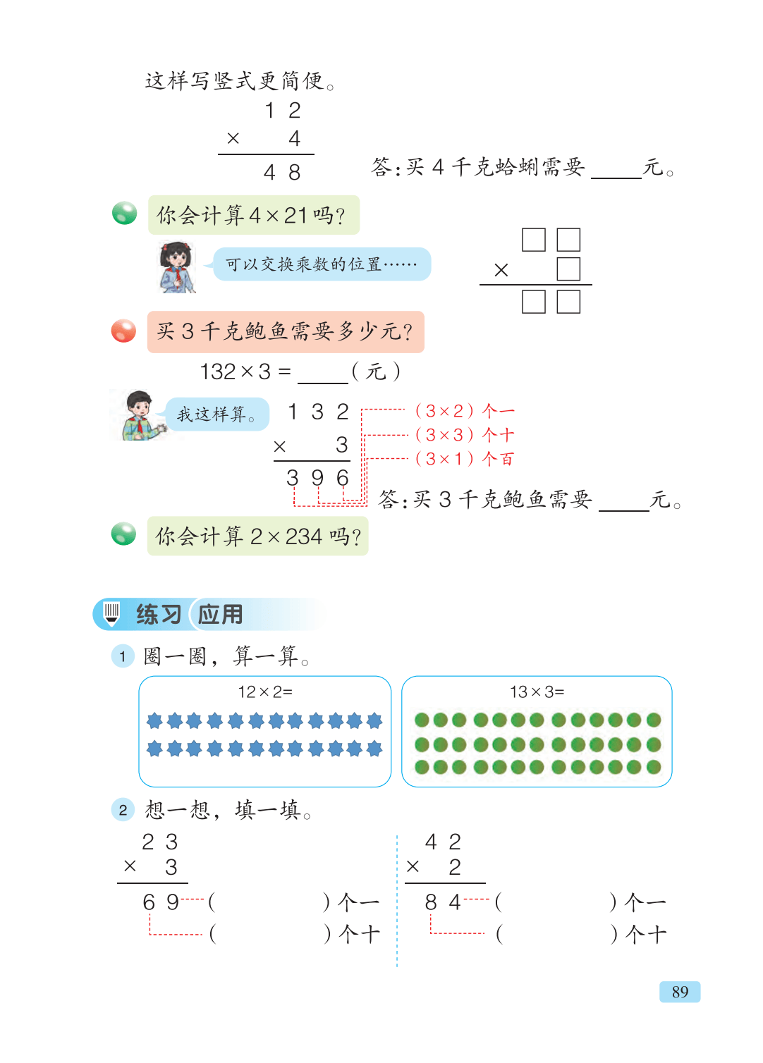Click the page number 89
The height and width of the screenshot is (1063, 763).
click(x=679, y=992)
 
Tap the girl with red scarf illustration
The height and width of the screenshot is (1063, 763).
click(x=176, y=266)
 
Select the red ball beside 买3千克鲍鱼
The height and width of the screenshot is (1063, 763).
click(x=123, y=331)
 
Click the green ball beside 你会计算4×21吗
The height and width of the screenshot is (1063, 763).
click(x=124, y=213)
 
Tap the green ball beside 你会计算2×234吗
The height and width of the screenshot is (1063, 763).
click(x=123, y=534)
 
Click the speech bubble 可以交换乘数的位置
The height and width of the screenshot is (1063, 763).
click(x=322, y=264)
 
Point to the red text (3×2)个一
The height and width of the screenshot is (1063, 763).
click(x=465, y=410)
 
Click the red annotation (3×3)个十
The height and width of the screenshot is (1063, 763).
click(x=465, y=434)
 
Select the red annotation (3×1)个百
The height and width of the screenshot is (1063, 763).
click(x=465, y=458)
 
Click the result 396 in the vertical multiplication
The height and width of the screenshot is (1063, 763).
click(x=317, y=478)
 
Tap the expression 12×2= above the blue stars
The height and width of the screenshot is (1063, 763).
click(x=265, y=692)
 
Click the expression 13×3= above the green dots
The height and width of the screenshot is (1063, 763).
click(x=537, y=692)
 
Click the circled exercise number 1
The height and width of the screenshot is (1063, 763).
click(x=123, y=656)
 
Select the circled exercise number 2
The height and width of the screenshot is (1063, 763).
click(x=123, y=810)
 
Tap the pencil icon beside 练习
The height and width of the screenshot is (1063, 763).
click(x=111, y=614)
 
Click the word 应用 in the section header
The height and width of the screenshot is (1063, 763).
click(x=220, y=615)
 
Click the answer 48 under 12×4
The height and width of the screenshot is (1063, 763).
click(x=282, y=172)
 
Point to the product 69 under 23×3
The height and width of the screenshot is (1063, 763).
click(x=161, y=902)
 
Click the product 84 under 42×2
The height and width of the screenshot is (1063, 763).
click(x=443, y=902)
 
